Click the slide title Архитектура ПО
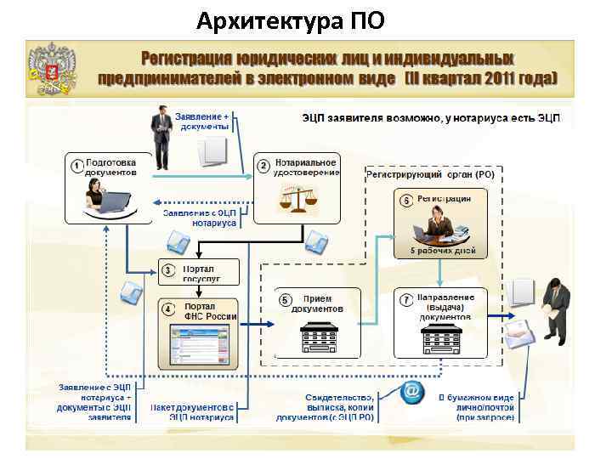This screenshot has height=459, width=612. point(290,19)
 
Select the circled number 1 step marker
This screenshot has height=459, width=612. point(76,165)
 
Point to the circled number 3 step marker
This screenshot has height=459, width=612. point(168,270)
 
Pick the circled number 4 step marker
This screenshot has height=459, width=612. point(168,308)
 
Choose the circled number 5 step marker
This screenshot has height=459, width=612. point(285,300)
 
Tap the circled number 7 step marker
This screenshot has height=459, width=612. point(406,300)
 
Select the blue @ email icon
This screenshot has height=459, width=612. point(411,392)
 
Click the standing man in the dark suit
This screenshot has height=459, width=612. point(160,136)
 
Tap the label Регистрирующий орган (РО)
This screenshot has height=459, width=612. point(429,174)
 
